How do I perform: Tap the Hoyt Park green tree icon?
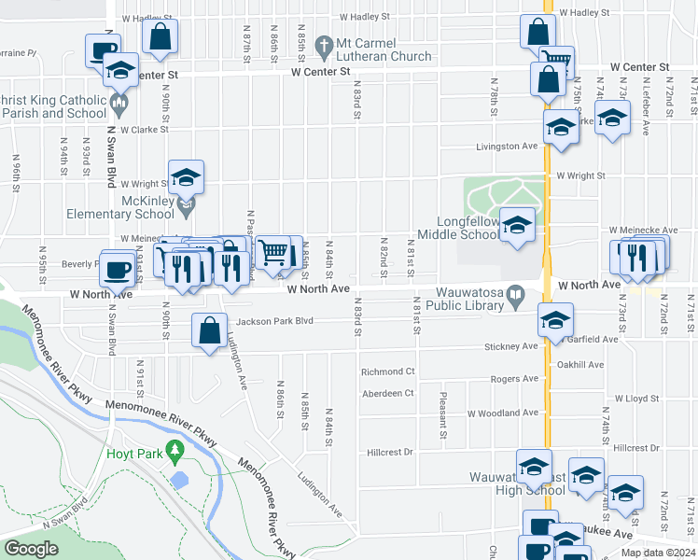click(174, 453)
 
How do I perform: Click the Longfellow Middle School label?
click(458, 229)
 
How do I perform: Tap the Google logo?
click(31, 549)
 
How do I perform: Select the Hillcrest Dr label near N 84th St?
click(389, 452)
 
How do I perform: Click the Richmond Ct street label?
click(387, 371)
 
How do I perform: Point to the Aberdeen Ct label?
click(387, 393)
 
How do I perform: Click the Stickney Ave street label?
click(510, 346)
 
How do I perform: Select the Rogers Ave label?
click(515, 379)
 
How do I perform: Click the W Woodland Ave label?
click(503, 413)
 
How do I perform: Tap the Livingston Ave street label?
click(508, 147)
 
